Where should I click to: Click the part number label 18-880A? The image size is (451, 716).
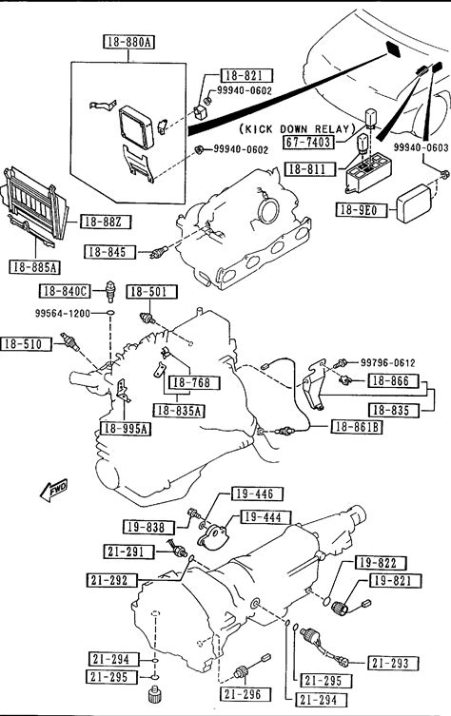(x=128, y=43)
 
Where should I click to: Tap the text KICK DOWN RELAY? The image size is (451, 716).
(x=297, y=129)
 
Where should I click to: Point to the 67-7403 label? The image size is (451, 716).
(x=308, y=142)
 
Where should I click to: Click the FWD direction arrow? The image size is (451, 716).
(x=54, y=490)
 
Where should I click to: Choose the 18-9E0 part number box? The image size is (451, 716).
(x=361, y=209)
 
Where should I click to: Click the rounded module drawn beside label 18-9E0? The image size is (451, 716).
(x=415, y=203)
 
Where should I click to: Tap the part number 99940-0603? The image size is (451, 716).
(x=421, y=148)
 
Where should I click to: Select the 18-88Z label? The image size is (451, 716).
(x=106, y=222)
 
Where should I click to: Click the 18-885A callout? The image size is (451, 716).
(x=35, y=267)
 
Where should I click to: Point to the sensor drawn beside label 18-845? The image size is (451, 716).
(x=159, y=251)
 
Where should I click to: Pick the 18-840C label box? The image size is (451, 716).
(x=65, y=291)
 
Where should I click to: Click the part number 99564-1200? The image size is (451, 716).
(x=63, y=313)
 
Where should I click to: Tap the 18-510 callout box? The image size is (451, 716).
(x=26, y=344)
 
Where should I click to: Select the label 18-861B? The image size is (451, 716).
(x=357, y=427)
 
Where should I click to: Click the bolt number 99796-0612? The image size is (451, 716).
(x=388, y=362)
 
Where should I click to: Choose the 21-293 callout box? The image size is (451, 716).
(x=390, y=663)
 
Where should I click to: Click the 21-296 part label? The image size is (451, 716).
(x=243, y=694)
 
